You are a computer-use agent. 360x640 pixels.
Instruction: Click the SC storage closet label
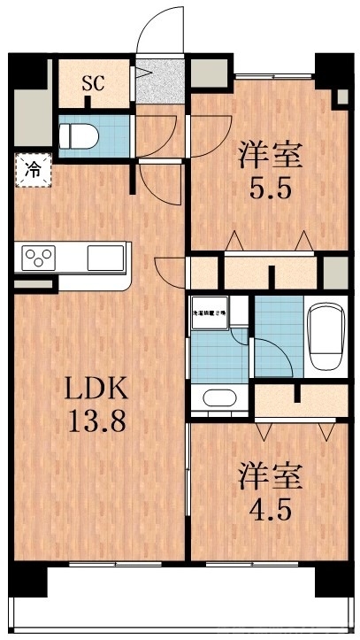(x=92, y=85)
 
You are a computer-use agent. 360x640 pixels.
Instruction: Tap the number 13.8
(x=99, y=420)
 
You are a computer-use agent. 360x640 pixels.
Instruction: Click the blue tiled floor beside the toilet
(x=111, y=135)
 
